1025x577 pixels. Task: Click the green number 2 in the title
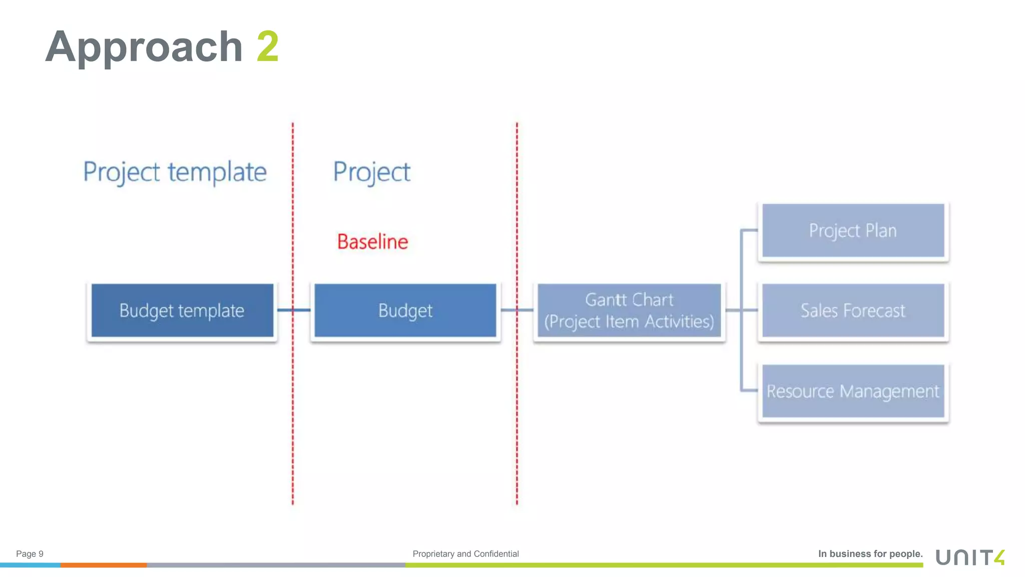point(267,47)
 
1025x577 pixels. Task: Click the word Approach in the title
point(144,47)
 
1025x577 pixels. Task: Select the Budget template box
point(182,311)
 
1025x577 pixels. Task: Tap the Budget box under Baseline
point(405,311)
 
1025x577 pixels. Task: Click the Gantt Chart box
point(629,311)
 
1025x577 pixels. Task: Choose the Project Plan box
point(853,230)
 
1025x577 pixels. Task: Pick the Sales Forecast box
point(853,311)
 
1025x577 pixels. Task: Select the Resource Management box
point(853,391)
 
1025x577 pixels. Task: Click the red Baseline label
point(372,242)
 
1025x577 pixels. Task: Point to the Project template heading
point(175,172)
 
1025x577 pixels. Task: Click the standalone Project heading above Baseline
point(371,172)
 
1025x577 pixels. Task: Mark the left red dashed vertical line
point(293,401)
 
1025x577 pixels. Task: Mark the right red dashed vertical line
point(517,401)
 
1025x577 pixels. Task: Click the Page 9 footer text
point(30,553)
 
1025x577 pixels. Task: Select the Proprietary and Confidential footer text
point(465,553)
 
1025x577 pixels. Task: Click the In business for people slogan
point(870,553)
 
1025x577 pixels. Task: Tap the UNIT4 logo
point(970,557)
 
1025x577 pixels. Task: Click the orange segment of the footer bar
point(104,565)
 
